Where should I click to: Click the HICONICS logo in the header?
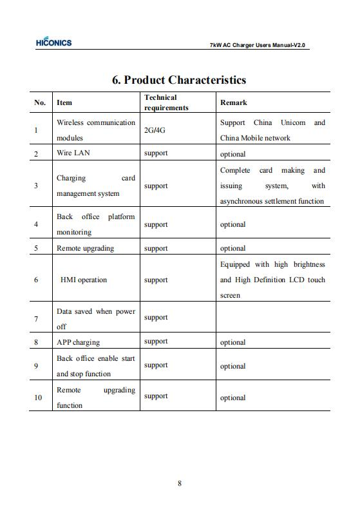point(54,43)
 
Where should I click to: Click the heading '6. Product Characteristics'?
point(179,80)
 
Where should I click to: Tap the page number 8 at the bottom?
point(180,484)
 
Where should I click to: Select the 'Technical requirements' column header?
point(166,102)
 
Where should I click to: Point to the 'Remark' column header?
point(233,102)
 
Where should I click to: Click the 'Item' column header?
point(64,102)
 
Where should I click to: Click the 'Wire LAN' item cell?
point(73,153)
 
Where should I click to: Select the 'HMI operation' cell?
point(84,280)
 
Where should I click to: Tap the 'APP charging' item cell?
point(78,342)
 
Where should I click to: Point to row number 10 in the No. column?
point(38,398)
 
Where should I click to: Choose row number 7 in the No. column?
point(36,319)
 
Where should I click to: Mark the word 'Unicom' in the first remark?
point(293,122)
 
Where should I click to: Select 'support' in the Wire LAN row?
point(156,153)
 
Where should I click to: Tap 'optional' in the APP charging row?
point(232,343)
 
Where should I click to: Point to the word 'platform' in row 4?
point(121,217)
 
